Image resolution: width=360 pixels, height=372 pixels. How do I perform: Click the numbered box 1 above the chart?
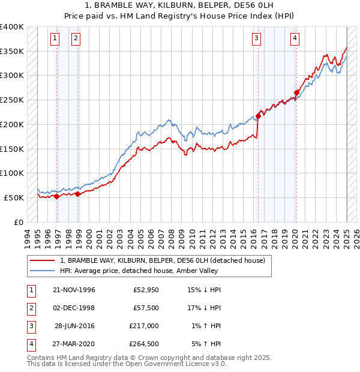point(55,38)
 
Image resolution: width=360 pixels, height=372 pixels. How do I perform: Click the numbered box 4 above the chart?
point(295,38)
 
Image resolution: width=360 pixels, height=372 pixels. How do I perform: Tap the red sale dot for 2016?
point(258,116)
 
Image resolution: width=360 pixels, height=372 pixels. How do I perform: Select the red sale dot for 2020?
point(296,92)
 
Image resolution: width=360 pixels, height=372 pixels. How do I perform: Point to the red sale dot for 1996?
point(56,196)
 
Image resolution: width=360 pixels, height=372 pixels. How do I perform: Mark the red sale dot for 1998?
point(77,194)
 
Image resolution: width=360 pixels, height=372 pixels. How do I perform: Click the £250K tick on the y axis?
point(12,100)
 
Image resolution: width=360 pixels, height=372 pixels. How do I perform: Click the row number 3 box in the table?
point(30,326)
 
